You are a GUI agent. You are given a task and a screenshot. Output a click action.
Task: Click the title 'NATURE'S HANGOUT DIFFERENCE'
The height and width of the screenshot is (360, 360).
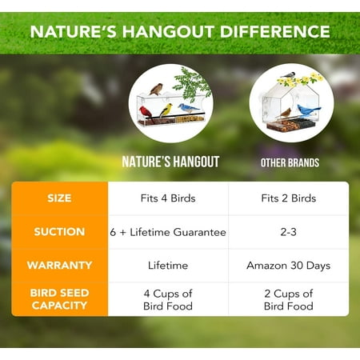[179, 31]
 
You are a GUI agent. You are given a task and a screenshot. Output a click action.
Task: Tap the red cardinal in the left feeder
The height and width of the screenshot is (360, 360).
[146, 111]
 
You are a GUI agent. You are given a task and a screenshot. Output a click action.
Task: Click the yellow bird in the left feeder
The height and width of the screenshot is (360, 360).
[166, 110]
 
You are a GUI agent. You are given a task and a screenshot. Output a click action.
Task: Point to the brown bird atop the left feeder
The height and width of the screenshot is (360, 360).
[157, 88]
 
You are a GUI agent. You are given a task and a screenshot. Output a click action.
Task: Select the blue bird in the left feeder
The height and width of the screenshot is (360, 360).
[189, 108]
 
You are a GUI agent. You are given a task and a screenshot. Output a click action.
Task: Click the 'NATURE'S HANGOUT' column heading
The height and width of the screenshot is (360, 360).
[170, 162]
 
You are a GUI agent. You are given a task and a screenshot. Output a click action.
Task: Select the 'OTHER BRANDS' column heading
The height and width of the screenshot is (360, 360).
[290, 162]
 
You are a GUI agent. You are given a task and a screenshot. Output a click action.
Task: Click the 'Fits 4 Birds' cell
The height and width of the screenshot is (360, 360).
[169, 198]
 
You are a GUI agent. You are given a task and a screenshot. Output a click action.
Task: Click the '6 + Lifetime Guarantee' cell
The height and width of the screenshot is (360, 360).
[169, 232]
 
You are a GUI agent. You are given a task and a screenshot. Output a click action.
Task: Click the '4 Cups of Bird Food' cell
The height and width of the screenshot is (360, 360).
[169, 298]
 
